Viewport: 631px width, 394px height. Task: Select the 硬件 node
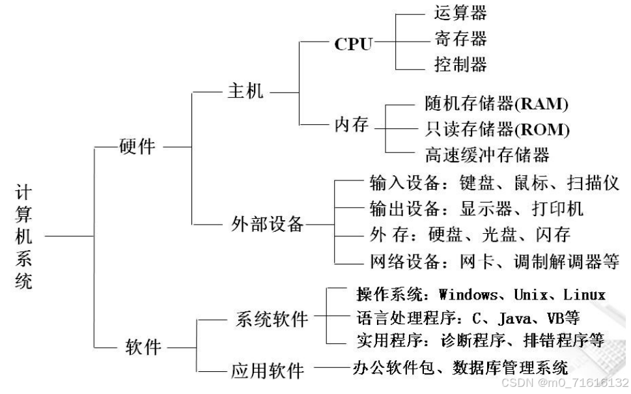pyautogui.click(x=138, y=147)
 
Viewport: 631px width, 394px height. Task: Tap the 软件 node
pyautogui.click(x=143, y=347)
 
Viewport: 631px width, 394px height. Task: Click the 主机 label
pyautogui.click(x=245, y=91)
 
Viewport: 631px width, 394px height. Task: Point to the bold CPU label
pyautogui.click(x=354, y=44)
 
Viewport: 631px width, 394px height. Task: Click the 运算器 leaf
pyautogui.click(x=460, y=13)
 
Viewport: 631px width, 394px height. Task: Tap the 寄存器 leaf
pyautogui.click(x=460, y=38)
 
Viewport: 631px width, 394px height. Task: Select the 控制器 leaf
pyautogui.click(x=460, y=64)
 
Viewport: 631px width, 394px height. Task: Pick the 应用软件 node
pyautogui.click(x=268, y=371)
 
